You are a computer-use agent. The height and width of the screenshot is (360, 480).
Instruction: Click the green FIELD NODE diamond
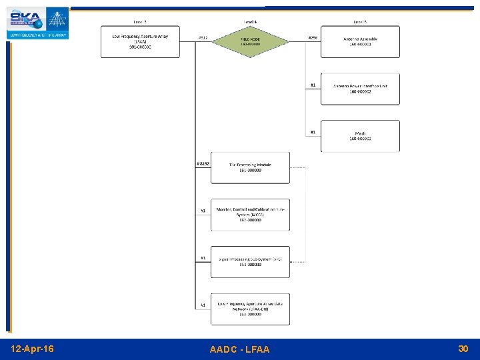click(x=250, y=41)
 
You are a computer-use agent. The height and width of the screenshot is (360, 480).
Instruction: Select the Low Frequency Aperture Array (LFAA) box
click(x=140, y=41)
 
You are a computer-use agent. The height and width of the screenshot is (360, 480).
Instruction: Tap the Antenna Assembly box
click(x=360, y=41)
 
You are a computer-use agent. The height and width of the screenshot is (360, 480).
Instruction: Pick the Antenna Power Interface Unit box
click(x=360, y=89)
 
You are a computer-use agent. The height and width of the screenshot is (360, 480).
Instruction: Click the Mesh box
click(x=360, y=136)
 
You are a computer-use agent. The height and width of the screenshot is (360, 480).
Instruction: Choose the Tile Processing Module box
click(x=250, y=167)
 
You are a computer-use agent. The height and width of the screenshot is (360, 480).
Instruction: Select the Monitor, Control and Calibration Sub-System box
click(x=250, y=215)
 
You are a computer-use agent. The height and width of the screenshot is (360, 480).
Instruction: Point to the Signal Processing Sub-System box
click(x=250, y=261)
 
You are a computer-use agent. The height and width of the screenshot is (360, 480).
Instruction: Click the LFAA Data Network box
click(x=250, y=309)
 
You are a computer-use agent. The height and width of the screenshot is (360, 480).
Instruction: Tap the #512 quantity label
click(x=203, y=38)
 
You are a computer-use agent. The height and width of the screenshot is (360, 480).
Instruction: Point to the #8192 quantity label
click(x=203, y=163)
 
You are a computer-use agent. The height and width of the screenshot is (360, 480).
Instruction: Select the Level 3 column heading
click(x=140, y=22)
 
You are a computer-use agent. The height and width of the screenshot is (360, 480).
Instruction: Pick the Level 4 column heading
click(x=250, y=22)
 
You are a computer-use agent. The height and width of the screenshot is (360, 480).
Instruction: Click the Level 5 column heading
click(x=360, y=22)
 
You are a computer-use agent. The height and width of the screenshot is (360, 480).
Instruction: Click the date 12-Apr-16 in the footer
click(x=33, y=349)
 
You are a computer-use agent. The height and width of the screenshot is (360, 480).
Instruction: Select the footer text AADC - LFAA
click(x=239, y=349)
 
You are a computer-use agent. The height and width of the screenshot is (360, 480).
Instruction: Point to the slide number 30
click(x=463, y=349)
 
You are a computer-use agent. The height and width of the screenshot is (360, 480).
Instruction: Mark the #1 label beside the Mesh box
click(x=313, y=132)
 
